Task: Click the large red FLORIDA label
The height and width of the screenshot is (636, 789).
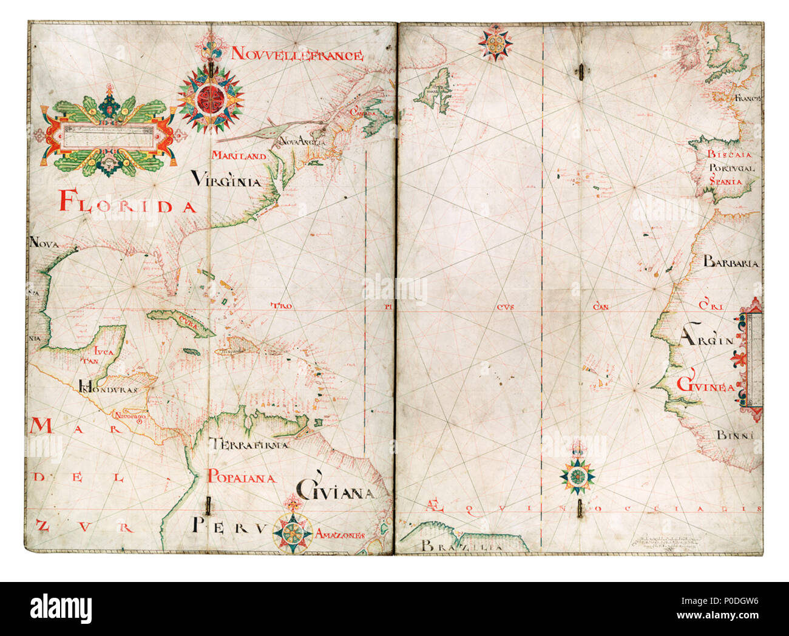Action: [x=128, y=201]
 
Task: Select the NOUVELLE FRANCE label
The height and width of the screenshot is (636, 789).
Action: [x=297, y=55]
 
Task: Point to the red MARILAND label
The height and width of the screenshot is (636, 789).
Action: [x=239, y=156]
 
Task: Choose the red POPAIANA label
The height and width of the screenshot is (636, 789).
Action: [x=242, y=478]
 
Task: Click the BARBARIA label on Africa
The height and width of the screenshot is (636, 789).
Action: [x=731, y=263]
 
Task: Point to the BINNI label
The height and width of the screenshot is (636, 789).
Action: [x=734, y=435]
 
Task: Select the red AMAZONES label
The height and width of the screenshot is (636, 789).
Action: [x=340, y=535]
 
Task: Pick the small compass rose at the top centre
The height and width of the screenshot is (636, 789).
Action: [x=495, y=42]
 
